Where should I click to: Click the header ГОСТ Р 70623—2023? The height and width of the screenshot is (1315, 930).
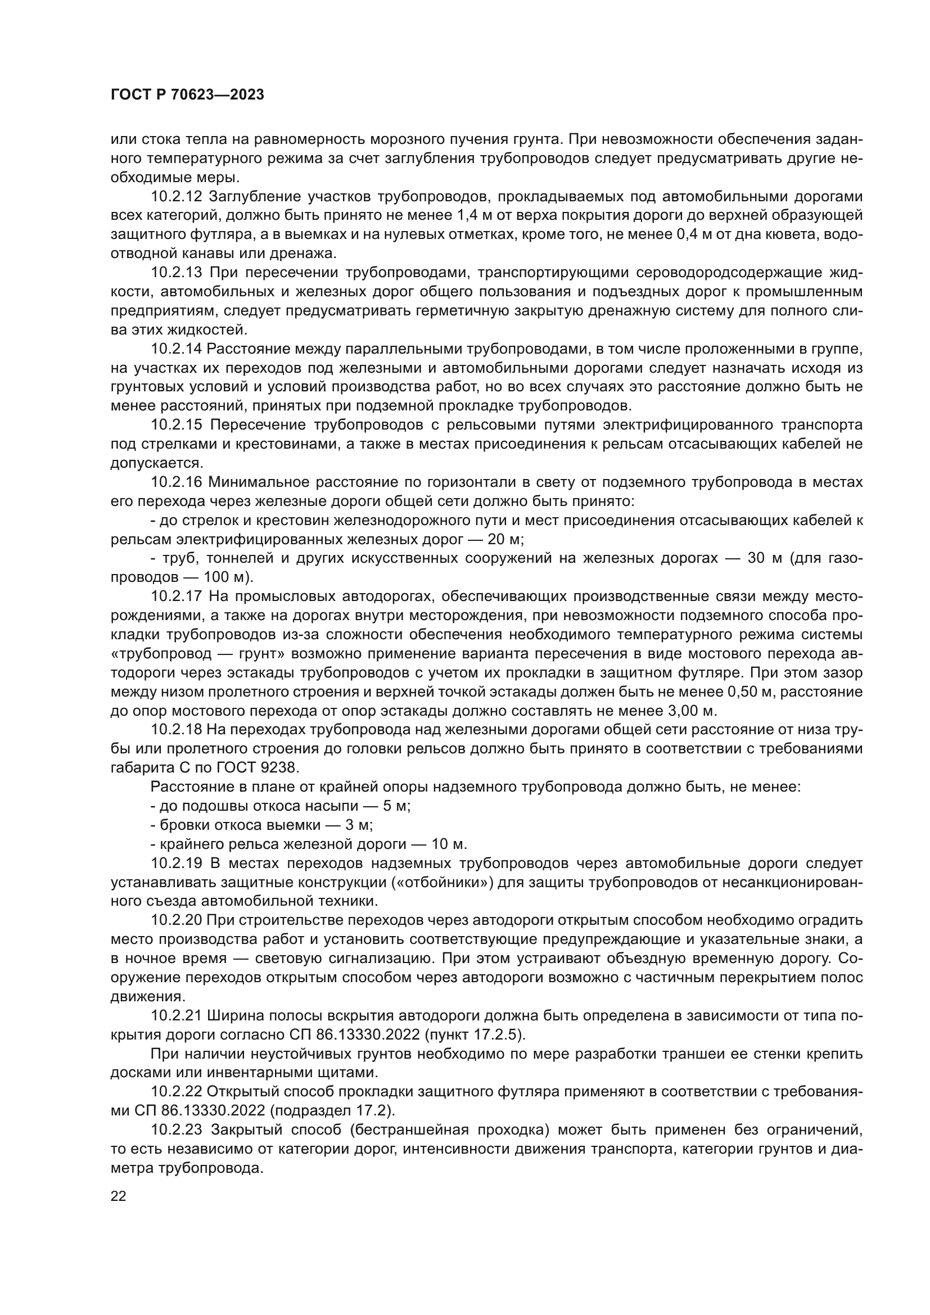(187, 95)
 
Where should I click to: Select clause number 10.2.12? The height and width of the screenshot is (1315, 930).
(177, 197)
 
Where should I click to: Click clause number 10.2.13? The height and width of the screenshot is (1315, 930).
(177, 273)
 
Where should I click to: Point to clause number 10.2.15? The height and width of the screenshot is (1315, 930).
(177, 425)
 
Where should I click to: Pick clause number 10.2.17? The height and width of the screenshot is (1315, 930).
(177, 596)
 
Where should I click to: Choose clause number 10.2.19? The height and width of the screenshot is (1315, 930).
(177, 863)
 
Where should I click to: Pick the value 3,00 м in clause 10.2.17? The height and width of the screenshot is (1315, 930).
(692, 711)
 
